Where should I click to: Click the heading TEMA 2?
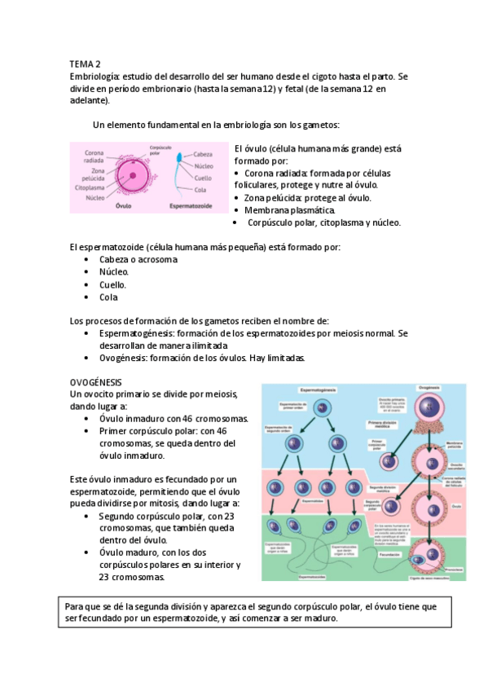(84, 63)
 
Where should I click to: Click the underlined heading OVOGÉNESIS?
(96, 381)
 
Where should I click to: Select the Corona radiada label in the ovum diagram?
(89, 156)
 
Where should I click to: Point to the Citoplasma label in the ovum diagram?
(90, 187)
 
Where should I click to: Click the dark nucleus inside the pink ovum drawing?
(131, 175)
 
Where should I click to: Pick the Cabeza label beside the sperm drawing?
(203, 154)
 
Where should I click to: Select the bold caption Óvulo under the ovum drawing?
(124, 206)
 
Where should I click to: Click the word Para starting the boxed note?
(75, 607)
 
